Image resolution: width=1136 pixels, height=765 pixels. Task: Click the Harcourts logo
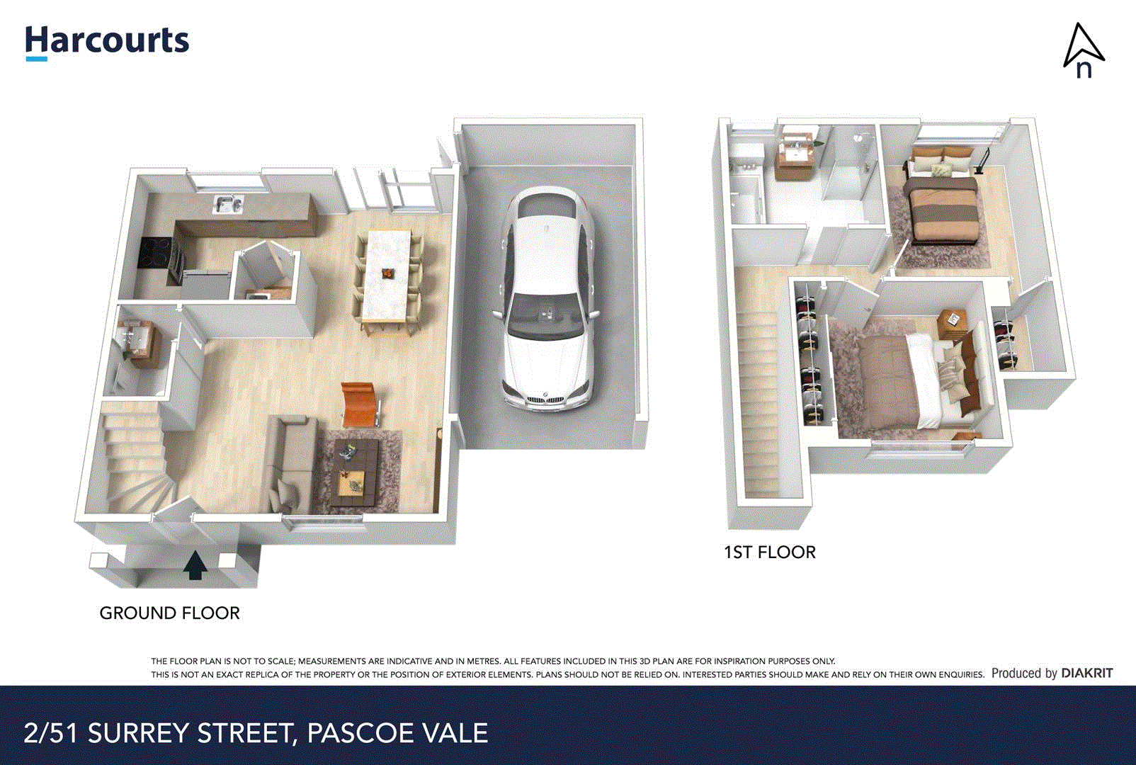(x=107, y=41)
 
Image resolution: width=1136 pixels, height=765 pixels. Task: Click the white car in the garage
(x=547, y=297)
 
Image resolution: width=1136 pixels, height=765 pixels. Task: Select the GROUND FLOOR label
(x=169, y=613)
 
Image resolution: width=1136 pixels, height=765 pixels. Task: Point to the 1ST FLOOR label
(x=769, y=552)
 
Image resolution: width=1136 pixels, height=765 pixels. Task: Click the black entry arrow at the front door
(x=195, y=565)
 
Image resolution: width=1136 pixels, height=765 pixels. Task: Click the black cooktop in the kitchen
(x=154, y=252)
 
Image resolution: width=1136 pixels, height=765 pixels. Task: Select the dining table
(x=387, y=276)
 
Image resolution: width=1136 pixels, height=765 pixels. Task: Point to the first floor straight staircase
(x=759, y=397)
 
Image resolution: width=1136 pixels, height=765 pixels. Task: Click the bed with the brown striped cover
(x=944, y=209)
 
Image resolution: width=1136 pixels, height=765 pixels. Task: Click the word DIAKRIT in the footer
(x=1087, y=673)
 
